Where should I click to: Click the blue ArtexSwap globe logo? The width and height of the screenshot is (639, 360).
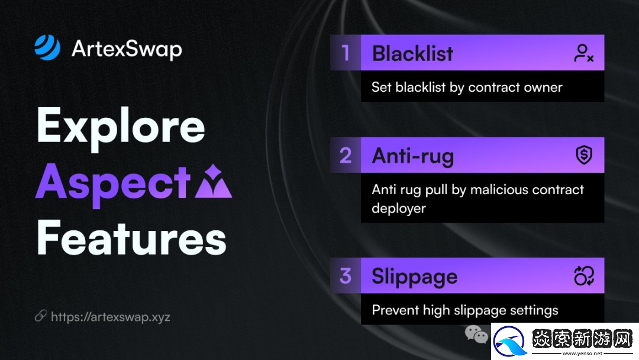[47, 47]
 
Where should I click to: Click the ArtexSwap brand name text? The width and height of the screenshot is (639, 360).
[127, 49]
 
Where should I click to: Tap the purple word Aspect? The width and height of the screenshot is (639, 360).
[113, 184]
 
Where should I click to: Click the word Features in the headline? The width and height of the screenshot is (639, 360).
[131, 237]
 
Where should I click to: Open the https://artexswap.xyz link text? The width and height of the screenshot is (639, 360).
[111, 317]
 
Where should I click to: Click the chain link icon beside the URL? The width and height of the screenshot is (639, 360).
[40, 316]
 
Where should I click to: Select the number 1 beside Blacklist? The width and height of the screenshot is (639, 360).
[346, 53]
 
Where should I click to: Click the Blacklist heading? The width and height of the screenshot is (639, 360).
[412, 53]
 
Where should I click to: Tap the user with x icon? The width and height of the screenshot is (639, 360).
[583, 53]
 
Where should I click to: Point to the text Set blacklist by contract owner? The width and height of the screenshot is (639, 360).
[467, 87]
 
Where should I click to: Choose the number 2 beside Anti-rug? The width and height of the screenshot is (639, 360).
[346, 155]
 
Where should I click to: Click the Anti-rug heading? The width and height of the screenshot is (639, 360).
[413, 156]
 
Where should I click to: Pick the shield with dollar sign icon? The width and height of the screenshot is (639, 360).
[584, 155]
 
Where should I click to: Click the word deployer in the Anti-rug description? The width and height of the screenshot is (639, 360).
[399, 208]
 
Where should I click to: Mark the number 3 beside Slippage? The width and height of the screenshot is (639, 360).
[346, 276]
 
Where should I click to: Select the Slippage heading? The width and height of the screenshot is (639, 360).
[414, 277]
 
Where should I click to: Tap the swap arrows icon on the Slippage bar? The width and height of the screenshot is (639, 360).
[584, 275]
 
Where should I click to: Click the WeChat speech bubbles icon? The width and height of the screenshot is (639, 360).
[476, 335]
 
